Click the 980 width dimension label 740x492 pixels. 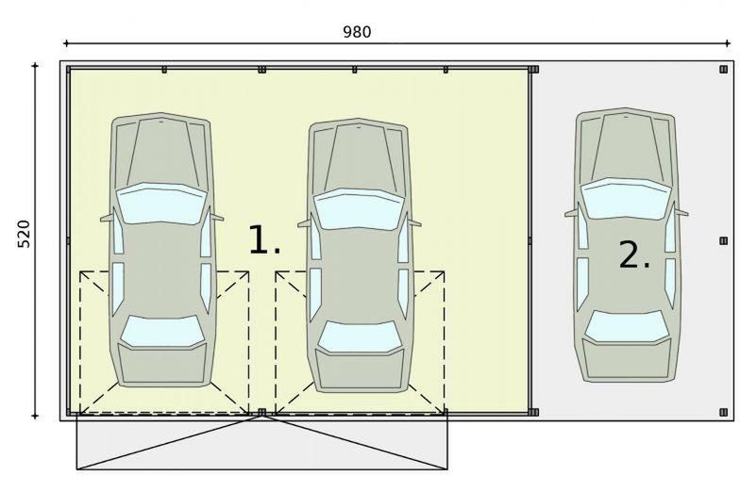357,32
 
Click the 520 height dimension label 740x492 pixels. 24,234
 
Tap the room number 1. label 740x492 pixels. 264,240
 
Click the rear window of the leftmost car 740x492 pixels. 162,332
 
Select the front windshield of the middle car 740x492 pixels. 360,209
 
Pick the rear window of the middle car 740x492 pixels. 360,336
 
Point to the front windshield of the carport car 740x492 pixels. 626,198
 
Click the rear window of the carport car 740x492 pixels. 627,326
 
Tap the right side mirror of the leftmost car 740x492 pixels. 217,217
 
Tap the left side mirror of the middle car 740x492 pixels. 304,223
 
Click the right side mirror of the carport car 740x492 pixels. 681,212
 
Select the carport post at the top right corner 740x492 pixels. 723,70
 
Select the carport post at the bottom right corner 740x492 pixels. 723,413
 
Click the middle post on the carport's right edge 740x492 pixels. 723,241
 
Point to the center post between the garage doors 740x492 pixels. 262,413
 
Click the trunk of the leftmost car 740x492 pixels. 162,364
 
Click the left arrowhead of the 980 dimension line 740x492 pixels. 66,43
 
